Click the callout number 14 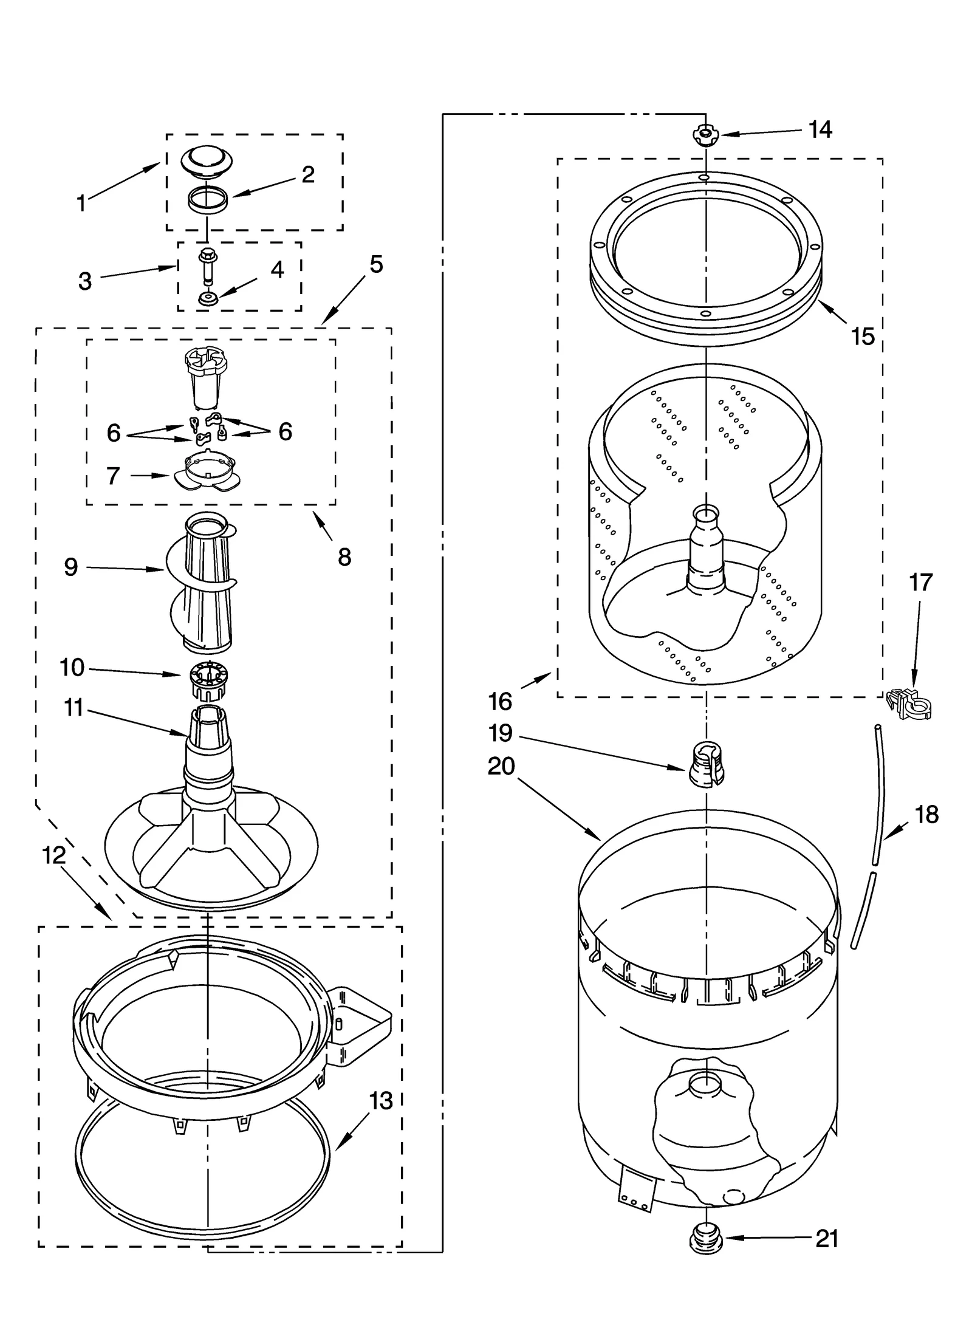tap(820, 129)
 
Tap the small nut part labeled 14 tap(705, 134)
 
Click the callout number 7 tap(113, 476)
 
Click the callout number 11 tap(74, 708)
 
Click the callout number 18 tap(926, 814)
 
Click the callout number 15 tap(863, 336)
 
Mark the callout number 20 tap(501, 766)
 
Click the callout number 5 tap(376, 264)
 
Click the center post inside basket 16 tap(706, 550)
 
